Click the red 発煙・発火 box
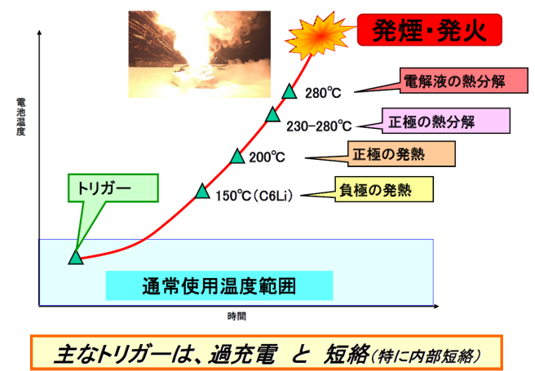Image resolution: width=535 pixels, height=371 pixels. [430, 30]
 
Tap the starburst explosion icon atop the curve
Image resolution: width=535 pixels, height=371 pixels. [319, 35]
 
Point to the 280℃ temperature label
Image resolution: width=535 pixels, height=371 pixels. [323, 93]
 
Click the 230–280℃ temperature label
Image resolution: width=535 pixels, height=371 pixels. [319, 126]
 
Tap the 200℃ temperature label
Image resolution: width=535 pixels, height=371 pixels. [267, 157]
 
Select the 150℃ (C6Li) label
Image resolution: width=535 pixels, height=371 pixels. [254, 196]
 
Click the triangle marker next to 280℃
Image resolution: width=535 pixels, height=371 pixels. [290, 91]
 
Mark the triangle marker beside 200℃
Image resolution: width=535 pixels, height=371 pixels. [237, 157]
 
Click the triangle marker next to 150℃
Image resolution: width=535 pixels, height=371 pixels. [202, 191]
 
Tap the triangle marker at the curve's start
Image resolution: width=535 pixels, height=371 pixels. [76, 257]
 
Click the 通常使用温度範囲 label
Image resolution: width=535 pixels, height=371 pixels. [219, 285]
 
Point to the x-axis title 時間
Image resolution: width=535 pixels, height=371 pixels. [237, 316]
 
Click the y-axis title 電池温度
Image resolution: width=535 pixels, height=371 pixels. [21, 117]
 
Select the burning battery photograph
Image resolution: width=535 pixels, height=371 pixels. [200, 54]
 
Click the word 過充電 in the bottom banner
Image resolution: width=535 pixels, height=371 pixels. [242, 355]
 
